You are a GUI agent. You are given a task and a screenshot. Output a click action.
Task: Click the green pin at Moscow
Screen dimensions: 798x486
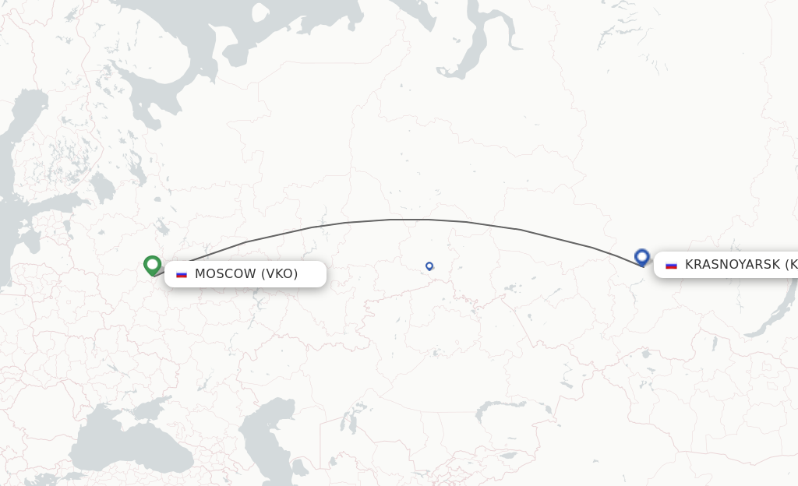(153, 265)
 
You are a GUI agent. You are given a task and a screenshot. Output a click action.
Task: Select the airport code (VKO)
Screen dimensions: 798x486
(279, 274)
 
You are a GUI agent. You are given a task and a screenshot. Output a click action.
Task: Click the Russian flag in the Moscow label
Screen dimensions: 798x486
(182, 274)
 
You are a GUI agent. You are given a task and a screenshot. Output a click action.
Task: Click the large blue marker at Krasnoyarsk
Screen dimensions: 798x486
(642, 256)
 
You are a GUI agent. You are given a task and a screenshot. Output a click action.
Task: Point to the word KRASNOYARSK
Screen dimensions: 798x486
(732, 265)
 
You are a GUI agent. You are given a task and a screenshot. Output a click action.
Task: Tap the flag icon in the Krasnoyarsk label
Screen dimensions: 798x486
(671, 265)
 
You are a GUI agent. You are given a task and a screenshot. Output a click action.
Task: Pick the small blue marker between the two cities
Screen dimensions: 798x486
(429, 266)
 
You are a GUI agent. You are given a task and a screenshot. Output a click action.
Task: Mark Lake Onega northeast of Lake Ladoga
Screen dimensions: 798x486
(134, 165)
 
